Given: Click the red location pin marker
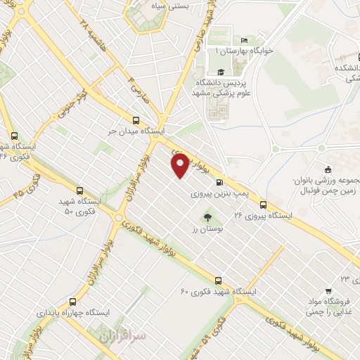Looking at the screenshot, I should [180, 165].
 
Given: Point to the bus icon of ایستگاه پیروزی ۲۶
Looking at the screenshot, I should [263, 205].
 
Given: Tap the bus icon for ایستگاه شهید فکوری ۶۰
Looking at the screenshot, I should [218, 280].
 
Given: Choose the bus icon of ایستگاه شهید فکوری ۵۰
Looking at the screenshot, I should [79, 190].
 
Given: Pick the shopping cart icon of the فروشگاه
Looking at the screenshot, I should [328, 290].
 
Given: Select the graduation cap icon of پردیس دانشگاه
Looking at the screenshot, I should [220, 72].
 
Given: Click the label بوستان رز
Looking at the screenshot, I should [207, 230].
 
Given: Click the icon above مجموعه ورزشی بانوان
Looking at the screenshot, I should [328, 169].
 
